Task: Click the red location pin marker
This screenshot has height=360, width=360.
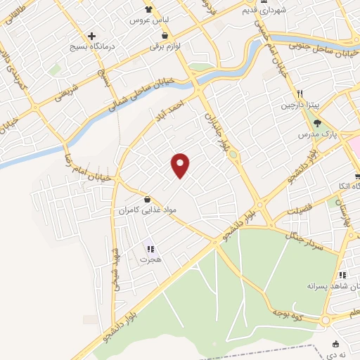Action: [181, 165]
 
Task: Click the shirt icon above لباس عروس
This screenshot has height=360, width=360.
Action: [148, 9]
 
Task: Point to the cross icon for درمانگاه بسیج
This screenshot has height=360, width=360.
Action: [92, 36]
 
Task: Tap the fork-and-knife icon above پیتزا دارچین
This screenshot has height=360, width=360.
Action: [299, 94]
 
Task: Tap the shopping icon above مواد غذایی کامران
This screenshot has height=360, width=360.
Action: [147, 199]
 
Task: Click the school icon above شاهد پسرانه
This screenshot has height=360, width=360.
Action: [342, 275]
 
